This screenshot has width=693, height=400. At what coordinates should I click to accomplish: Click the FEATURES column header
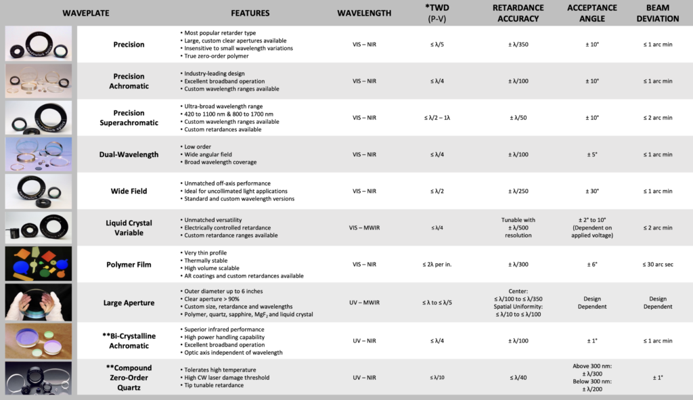[x=250, y=13]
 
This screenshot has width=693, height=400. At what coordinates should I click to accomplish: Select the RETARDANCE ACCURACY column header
[x=518, y=13]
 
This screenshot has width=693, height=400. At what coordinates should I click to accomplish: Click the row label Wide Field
[x=129, y=191]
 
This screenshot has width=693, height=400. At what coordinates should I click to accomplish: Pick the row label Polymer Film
[x=129, y=264]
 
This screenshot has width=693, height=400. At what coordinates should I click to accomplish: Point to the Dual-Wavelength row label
[x=129, y=154]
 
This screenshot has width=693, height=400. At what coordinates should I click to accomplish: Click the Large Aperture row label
[x=129, y=303]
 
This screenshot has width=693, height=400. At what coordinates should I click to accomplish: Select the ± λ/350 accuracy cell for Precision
[x=518, y=45]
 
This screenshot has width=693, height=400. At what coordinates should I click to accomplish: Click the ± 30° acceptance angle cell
[x=592, y=191]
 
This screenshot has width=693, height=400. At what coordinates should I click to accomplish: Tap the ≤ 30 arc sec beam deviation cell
[x=657, y=264]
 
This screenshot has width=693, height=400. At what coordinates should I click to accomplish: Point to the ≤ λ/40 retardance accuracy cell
[x=518, y=377]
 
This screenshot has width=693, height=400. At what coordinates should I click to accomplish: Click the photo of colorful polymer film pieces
[x=38, y=263]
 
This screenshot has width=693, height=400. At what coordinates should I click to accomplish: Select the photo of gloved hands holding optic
[x=38, y=302]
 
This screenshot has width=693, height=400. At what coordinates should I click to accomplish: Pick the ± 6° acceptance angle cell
[x=592, y=264]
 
